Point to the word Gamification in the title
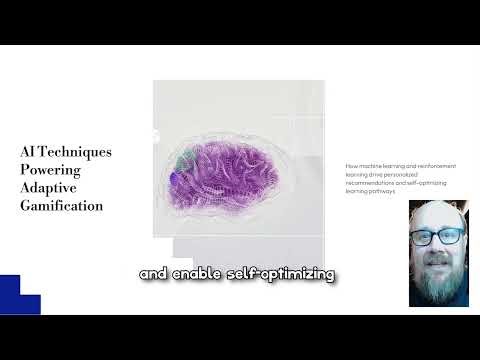point(61,205)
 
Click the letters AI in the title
point(28,152)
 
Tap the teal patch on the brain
point(181,162)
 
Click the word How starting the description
point(351,165)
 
